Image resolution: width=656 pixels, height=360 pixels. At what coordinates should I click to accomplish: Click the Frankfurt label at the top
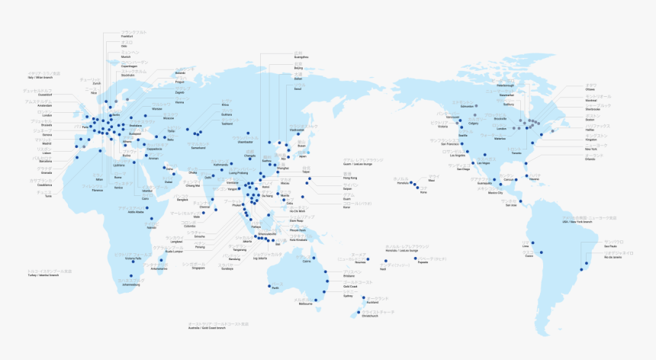pos(127,36)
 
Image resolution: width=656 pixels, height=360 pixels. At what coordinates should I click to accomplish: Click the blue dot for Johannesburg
pos(131,276)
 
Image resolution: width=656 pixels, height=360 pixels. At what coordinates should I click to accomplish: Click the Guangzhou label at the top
pos(301,57)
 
